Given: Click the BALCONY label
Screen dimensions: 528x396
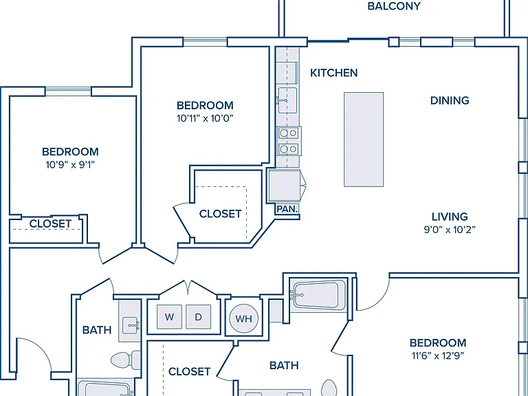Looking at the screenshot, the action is point(394,6).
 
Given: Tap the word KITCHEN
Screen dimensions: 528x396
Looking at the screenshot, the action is point(333,73).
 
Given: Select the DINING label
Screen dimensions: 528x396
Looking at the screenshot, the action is point(450,100).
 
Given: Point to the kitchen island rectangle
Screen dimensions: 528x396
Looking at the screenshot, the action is point(364,139).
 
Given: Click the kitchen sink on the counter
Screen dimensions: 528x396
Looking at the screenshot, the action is point(287,100).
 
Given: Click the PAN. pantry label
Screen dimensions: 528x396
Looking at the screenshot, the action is point(287,209).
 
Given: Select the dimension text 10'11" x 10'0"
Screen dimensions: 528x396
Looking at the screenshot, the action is point(205,118).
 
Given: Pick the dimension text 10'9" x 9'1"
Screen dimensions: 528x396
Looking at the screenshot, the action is point(70,165).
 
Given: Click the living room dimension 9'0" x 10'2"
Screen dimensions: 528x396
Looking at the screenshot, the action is point(450,230).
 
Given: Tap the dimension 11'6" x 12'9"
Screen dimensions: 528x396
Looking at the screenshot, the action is point(438,355).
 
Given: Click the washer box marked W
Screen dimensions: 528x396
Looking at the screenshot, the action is point(169,316).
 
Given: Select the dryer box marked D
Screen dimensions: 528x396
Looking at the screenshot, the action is point(198,316).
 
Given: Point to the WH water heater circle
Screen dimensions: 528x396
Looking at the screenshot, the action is point(244,318).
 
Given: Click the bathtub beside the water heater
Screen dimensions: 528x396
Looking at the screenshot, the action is point(316,295).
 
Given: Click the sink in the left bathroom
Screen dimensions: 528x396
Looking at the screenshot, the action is point(131,325).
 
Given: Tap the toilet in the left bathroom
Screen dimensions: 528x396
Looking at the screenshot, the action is point(126,360).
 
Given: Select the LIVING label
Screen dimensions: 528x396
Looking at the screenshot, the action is point(450,217).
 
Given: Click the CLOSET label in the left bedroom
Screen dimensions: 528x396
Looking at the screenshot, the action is point(50,223).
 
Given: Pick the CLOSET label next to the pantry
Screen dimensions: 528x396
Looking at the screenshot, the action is point(220,214).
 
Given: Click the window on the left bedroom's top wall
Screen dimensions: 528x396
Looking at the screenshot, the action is point(68,91).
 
